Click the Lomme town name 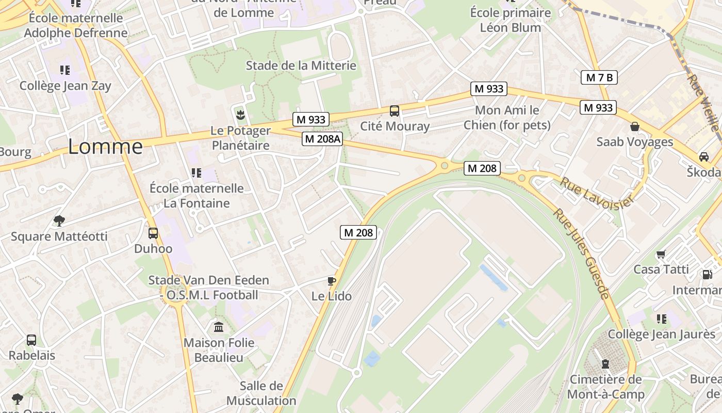[x=105, y=147]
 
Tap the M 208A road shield [x=322, y=138]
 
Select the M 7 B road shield [x=599, y=77]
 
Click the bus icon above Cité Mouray [x=395, y=110]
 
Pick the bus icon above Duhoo [x=153, y=233]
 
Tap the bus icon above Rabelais [x=31, y=340]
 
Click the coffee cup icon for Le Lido [x=331, y=281]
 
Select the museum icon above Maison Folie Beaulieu [x=219, y=327]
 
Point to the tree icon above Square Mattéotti [x=59, y=221]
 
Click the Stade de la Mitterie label [x=301, y=66]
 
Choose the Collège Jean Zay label [x=65, y=86]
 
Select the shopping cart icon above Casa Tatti [x=661, y=254]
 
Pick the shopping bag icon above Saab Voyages [x=635, y=126]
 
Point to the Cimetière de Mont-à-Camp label [x=605, y=387]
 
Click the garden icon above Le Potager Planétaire [x=239, y=113]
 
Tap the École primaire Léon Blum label [x=511, y=20]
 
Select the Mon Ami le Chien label [x=507, y=118]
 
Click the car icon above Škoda [x=703, y=157]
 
